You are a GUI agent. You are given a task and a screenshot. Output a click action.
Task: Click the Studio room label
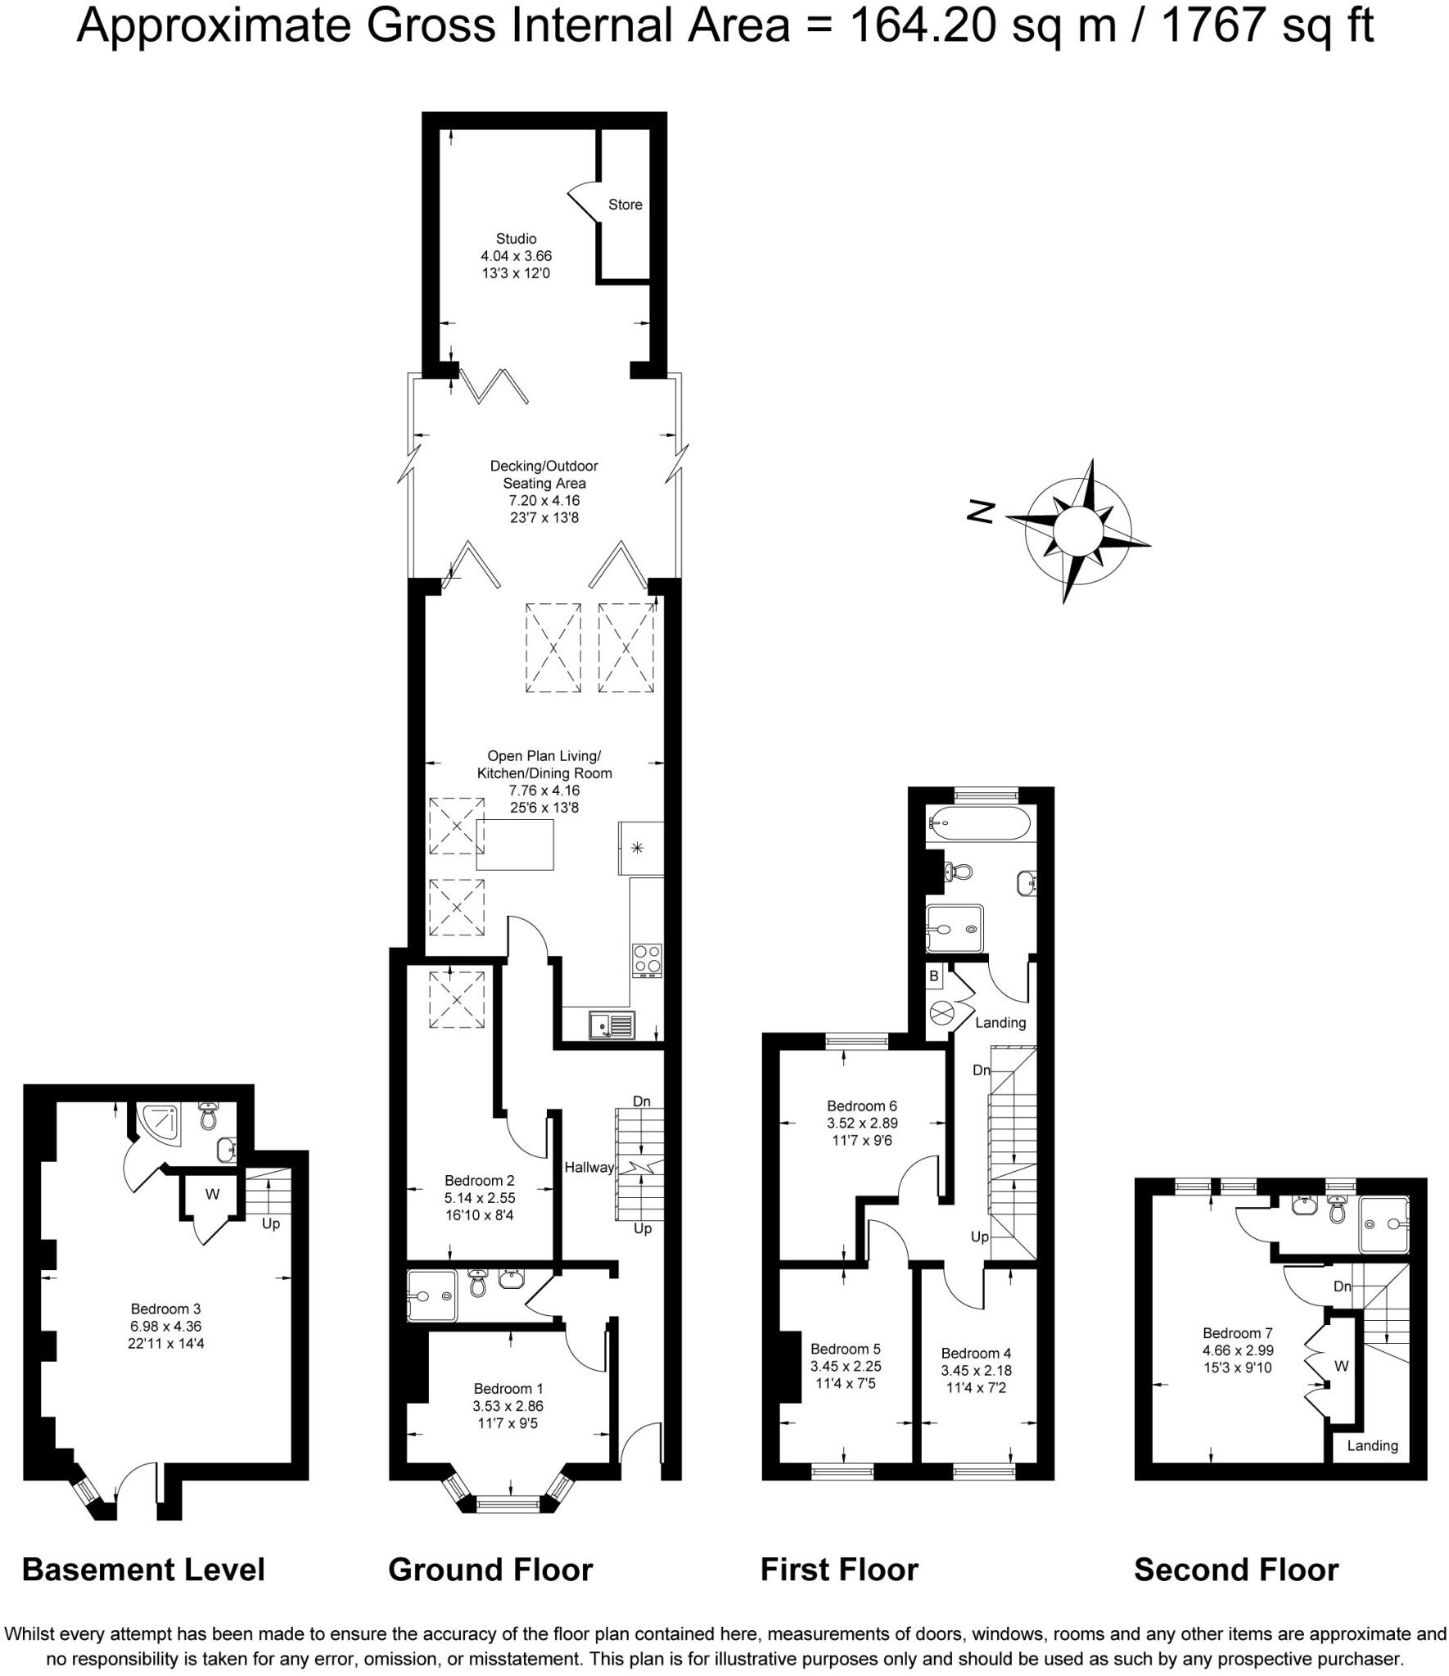(516, 239)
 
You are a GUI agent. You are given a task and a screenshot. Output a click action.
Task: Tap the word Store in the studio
(625, 205)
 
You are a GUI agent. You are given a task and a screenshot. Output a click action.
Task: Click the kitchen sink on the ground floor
(611, 1024)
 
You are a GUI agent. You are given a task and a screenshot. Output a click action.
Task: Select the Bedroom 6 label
(861, 1106)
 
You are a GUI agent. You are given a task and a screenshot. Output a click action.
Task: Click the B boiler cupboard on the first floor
(933, 976)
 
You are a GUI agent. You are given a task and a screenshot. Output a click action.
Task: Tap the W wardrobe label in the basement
(212, 1194)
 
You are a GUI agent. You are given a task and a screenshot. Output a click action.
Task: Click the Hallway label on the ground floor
(589, 1168)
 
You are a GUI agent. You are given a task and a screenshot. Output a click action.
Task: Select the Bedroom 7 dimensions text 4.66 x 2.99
(1238, 1350)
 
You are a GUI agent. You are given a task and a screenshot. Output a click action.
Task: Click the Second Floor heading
(1235, 1570)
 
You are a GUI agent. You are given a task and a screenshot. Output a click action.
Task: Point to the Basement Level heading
(143, 1570)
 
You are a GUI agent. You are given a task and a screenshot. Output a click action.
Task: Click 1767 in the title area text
(1211, 26)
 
